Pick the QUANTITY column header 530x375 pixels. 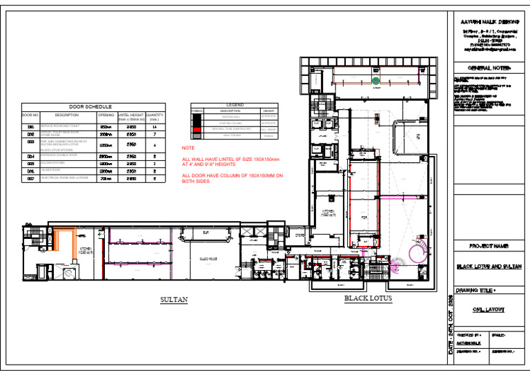click(x=155, y=117)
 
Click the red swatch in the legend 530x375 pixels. click(x=197, y=129)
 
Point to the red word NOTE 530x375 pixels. click(x=188, y=148)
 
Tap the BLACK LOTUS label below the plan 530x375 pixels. click(x=368, y=299)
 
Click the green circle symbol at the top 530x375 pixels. click(x=375, y=81)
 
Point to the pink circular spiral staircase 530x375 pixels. click(x=420, y=250)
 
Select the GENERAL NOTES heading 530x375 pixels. click(x=489, y=68)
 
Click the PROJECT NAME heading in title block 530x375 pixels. click(x=489, y=246)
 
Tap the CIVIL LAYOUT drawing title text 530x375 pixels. click(x=490, y=310)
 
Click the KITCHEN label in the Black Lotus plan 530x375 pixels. click(x=328, y=211)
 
